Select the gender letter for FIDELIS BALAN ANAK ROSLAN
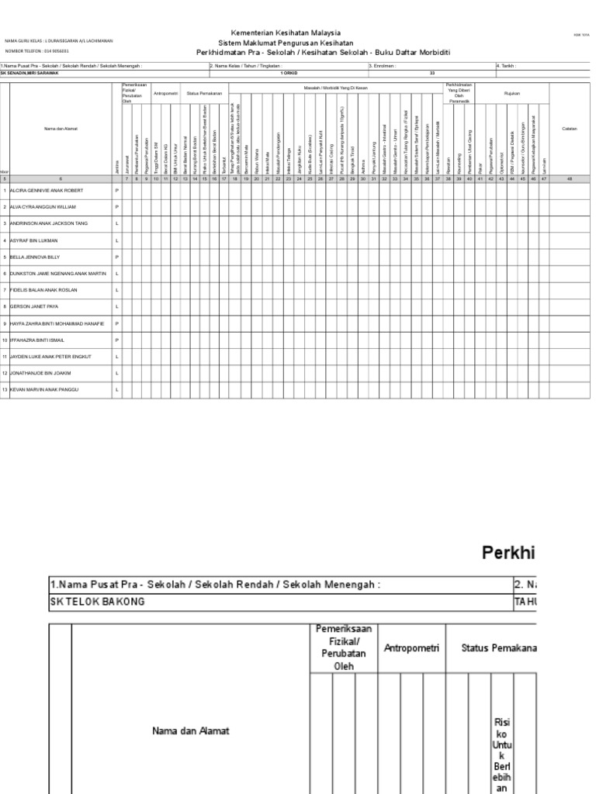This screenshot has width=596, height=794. pos(117,289)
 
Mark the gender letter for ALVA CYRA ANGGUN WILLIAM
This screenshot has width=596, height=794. pos(117,207)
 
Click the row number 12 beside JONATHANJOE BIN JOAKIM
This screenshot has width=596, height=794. pos(5,373)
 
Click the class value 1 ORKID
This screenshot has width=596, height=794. pos(288,73)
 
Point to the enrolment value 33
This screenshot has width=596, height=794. pos(432,73)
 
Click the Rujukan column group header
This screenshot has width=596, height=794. pos(512,93)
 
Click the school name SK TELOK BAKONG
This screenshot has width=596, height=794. pos(98,602)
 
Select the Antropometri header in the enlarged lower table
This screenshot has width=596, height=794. pos(411,647)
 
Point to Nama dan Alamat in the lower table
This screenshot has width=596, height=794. pos(186,730)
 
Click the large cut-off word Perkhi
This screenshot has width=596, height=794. pos(508,553)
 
